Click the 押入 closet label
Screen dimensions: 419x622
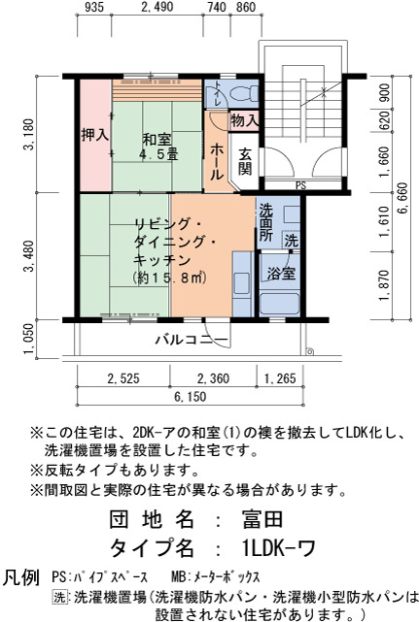95,135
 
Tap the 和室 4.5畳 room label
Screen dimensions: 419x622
157,147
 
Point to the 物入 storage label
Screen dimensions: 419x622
244,120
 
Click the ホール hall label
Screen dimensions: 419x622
217,162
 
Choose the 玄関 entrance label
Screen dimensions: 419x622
246,161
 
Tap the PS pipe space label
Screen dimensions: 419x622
301,185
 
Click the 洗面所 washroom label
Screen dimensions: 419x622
266,222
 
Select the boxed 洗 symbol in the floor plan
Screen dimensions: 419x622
291,241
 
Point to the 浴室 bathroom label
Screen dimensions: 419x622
281,274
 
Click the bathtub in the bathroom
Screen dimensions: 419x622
279,305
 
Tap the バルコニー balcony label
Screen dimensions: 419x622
192,340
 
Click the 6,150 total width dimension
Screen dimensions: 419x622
190,397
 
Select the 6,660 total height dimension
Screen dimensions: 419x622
402,198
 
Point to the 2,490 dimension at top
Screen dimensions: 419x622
157,7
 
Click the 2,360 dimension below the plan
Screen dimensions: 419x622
213,378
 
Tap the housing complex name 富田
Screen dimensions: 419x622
262,519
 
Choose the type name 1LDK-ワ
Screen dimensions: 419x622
278,548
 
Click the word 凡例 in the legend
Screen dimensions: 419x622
21,577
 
